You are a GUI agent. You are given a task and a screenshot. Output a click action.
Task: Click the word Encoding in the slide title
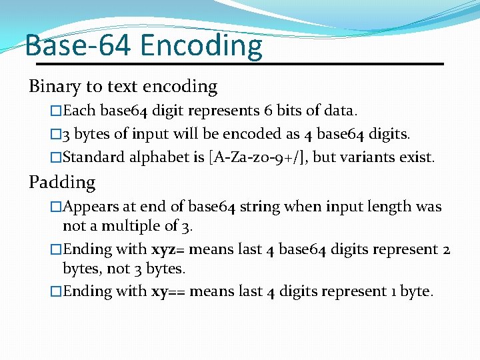(x=202, y=46)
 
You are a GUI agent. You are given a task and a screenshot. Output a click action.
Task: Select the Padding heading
(x=62, y=182)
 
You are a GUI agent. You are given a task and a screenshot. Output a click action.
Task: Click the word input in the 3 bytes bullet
(x=150, y=135)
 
